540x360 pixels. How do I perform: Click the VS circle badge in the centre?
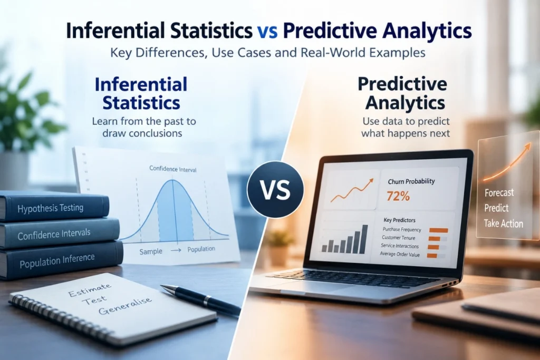click(x=275, y=189)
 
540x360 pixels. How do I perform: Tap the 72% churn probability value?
click(x=398, y=196)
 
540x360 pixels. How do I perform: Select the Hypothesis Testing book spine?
click(x=54, y=208)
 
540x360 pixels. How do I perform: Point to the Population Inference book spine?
click(x=60, y=260)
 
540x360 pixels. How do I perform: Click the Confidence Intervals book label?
click(x=54, y=235)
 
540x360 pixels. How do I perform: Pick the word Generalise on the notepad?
click(x=124, y=306)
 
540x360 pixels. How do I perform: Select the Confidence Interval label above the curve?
click(x=173, y=169)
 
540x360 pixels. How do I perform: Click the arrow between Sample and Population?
click(x=176, y=250)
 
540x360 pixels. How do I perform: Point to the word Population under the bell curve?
click(x=201, y=249)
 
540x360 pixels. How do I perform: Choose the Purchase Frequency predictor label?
click(x=402, y=230)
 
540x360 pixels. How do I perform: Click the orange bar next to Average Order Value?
click(x=432, y=255)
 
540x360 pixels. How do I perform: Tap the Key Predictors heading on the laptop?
click(x=400, y=220)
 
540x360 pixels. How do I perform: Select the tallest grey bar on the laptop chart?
click(x=365, y=239)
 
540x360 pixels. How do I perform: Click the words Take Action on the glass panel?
click(x=504, y=223)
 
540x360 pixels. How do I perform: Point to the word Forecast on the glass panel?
click(x=499, y=192)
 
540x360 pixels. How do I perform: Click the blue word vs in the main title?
click(x=267, y=31)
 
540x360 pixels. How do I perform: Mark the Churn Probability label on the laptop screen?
click(x=411, y=181)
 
